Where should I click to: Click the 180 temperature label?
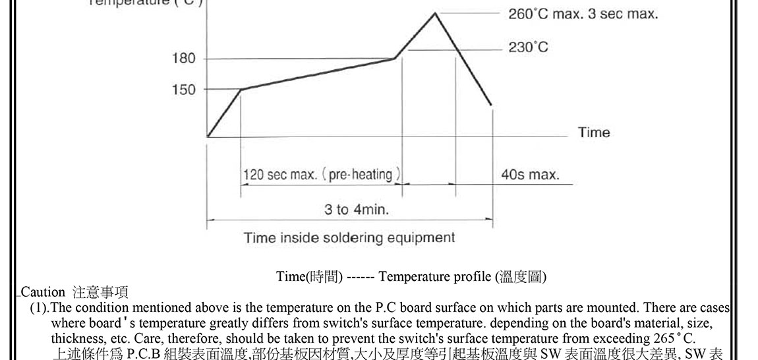coord(184,59)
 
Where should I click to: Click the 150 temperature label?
coord(184,90)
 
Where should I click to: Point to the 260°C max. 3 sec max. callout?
coord(583,14)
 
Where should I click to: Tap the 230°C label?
coord(528,47)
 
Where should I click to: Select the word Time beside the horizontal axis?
coord(594,133)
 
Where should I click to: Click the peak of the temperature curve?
coord(435,12)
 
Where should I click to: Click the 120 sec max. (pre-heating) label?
coord(322,175)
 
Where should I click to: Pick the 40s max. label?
coord(530,175)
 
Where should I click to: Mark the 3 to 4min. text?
coord(357,210)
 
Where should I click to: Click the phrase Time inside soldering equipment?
coord(349,237)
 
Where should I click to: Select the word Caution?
coord(44,292)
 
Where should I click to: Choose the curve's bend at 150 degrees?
coord(241,90)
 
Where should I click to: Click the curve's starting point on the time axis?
coord(208,137)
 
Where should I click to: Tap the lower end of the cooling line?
coord(491,105)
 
